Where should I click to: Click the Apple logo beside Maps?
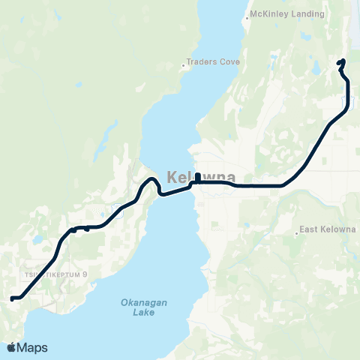(x=11, y=347)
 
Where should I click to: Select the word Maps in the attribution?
(x=34, y=347)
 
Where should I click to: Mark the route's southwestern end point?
(x=12, y=298)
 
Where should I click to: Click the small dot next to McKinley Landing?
(x=248, y=15)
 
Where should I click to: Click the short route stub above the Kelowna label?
(x=197, y=177)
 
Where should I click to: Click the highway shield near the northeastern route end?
(x=352, y=100)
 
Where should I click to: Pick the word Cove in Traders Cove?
(x=229, y=62)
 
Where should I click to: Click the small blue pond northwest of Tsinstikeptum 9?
(x=34, y=241)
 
